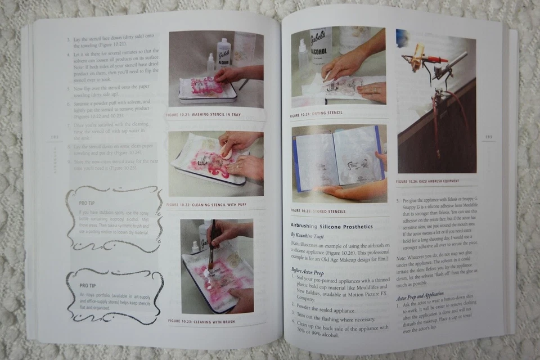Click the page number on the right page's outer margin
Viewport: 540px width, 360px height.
point(488,137)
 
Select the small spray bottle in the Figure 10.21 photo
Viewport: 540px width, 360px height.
point(210,65)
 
